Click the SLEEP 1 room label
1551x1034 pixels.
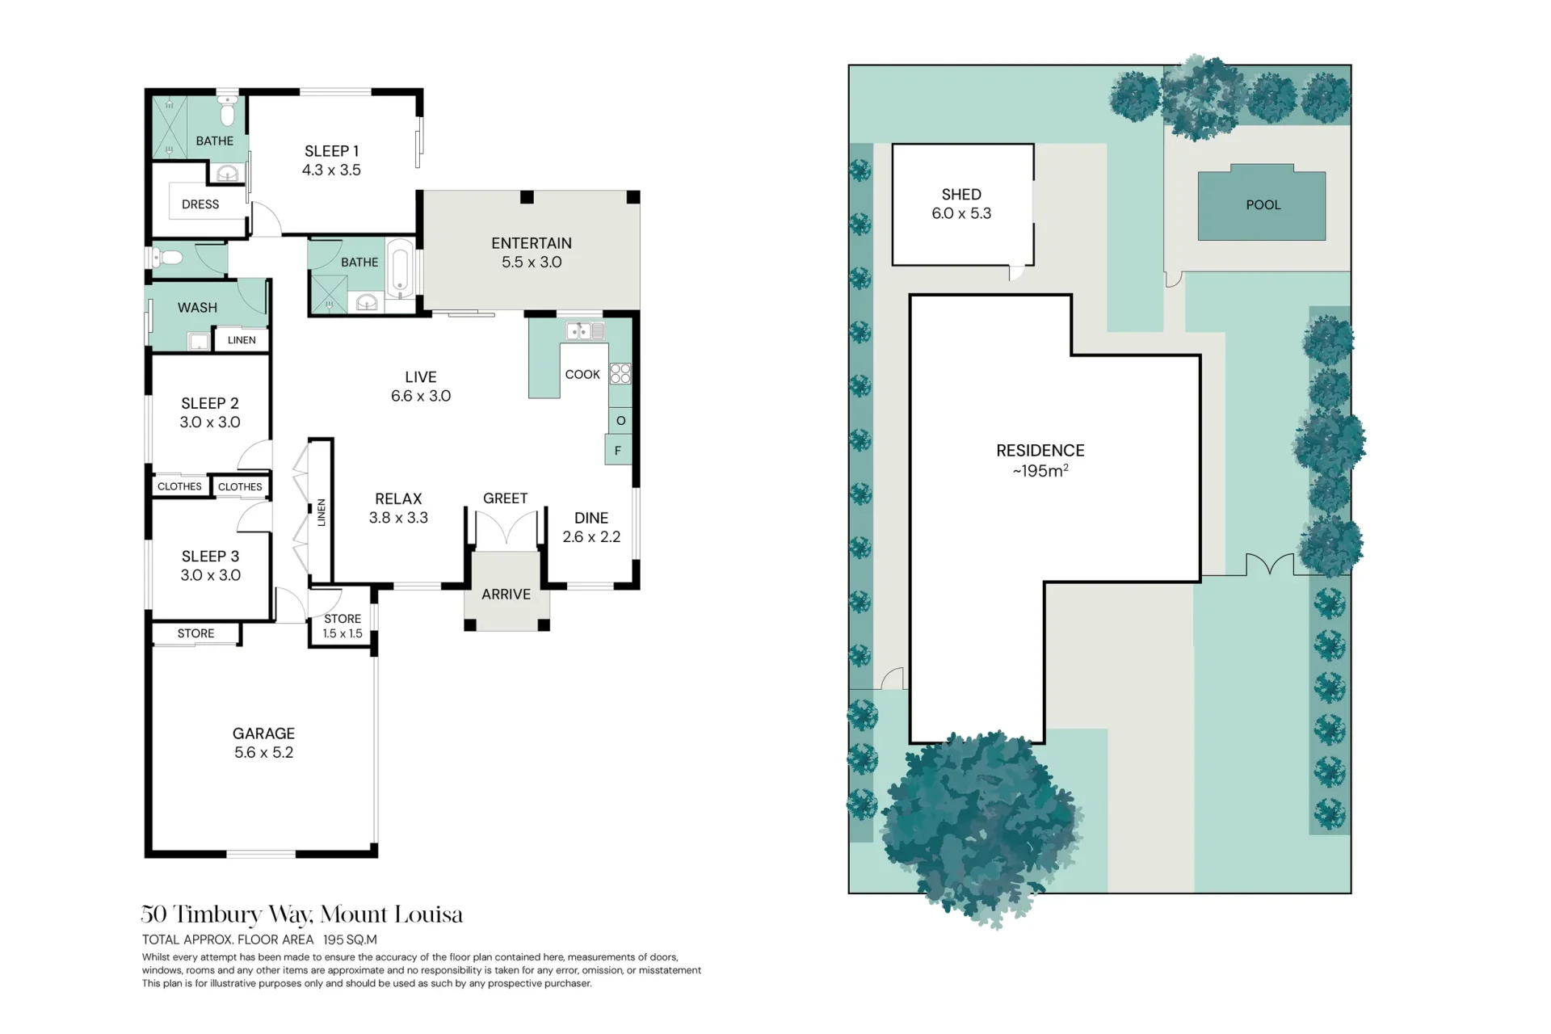point(331,151)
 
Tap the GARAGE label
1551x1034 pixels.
point(263,733)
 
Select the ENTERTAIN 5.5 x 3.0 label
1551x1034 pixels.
point(532,252)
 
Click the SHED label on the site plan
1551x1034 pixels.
point(961,195)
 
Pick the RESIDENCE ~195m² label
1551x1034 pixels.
point(1040,460)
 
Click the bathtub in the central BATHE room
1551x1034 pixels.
point(400,269)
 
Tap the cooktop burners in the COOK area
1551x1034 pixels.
point(620,373)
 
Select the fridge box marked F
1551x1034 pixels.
point(618,450)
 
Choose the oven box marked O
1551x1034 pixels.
point(620,420)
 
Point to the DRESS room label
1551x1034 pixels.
point(200,204)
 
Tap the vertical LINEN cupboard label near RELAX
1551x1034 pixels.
point(321,512)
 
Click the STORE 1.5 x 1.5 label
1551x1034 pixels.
point(343,626)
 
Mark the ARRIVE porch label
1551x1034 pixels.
point(506,595)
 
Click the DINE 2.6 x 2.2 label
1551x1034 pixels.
point(591,528)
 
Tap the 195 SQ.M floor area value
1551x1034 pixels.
point(350,939)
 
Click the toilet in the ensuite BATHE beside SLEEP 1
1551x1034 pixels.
point(228,111)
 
